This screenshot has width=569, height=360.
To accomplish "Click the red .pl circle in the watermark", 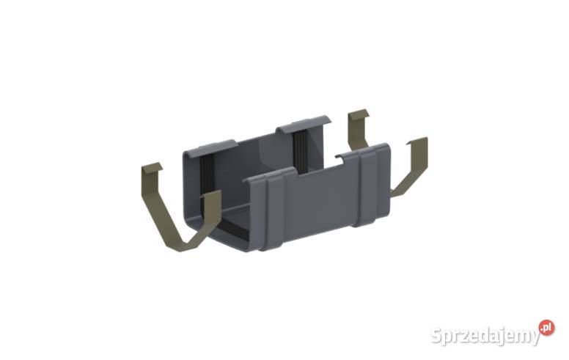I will coord(546,328).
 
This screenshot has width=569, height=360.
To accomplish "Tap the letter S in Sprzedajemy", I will coord(438,337).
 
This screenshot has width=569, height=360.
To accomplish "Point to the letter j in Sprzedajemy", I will coord(496,337).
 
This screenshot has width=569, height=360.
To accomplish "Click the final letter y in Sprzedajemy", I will coord(533,339).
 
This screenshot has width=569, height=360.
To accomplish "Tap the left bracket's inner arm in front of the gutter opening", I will coord(211,213).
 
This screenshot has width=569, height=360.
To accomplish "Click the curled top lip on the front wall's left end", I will coord(268,175).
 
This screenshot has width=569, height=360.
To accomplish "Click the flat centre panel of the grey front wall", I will coord(315,202).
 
